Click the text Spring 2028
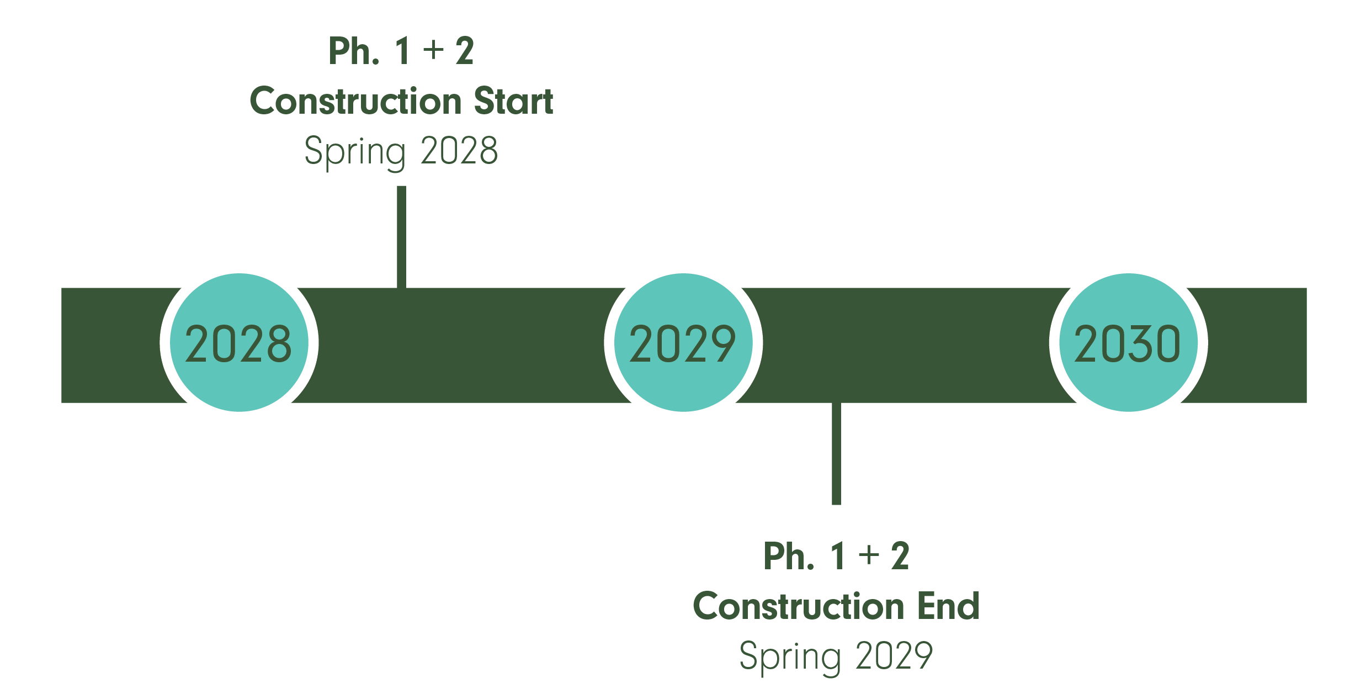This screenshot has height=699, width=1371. pyautogui.click(x=401, y=151)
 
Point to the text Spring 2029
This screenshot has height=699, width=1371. pyautogui.click(x=836, y=656)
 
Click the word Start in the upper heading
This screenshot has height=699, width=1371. pyautogui.click(x=513, y=101)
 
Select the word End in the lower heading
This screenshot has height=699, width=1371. pyautogui.click(x=948, y=606)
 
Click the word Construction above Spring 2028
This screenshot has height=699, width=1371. pyautogui.click(x=355, y=101)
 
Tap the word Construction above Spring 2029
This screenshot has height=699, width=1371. pyautogui.click(x=798, y=606)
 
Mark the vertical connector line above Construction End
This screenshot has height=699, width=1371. pyautogui.click(x=836, y=454)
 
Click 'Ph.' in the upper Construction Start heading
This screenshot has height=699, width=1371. pyautogui.click(x=354, y=51)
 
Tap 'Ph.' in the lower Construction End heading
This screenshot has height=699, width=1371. pyautogui.click(x=789, y=556)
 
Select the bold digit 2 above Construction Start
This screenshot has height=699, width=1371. pyautogui.click(x=465, y=51)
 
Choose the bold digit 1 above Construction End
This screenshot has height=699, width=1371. pyautogui.click(x=838, y=556)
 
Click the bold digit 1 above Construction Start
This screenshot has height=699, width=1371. pyautogui.click(x=402, y=51)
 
